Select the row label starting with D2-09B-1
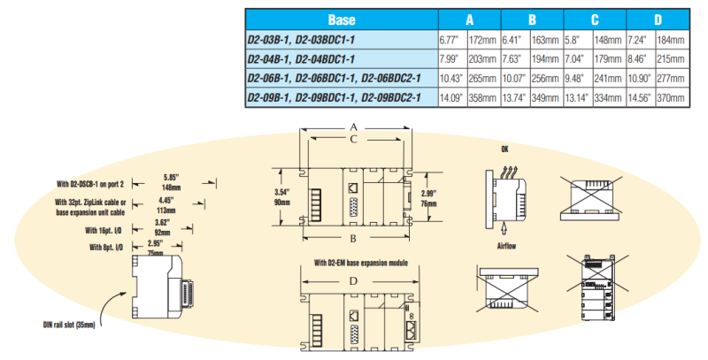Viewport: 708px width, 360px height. (334, 96)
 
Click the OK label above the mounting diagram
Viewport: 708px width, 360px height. (505, 149)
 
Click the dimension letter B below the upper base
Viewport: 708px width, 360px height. (352, 240)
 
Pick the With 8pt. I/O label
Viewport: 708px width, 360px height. (108, 248)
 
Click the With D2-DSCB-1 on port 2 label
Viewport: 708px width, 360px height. (90, 184)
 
